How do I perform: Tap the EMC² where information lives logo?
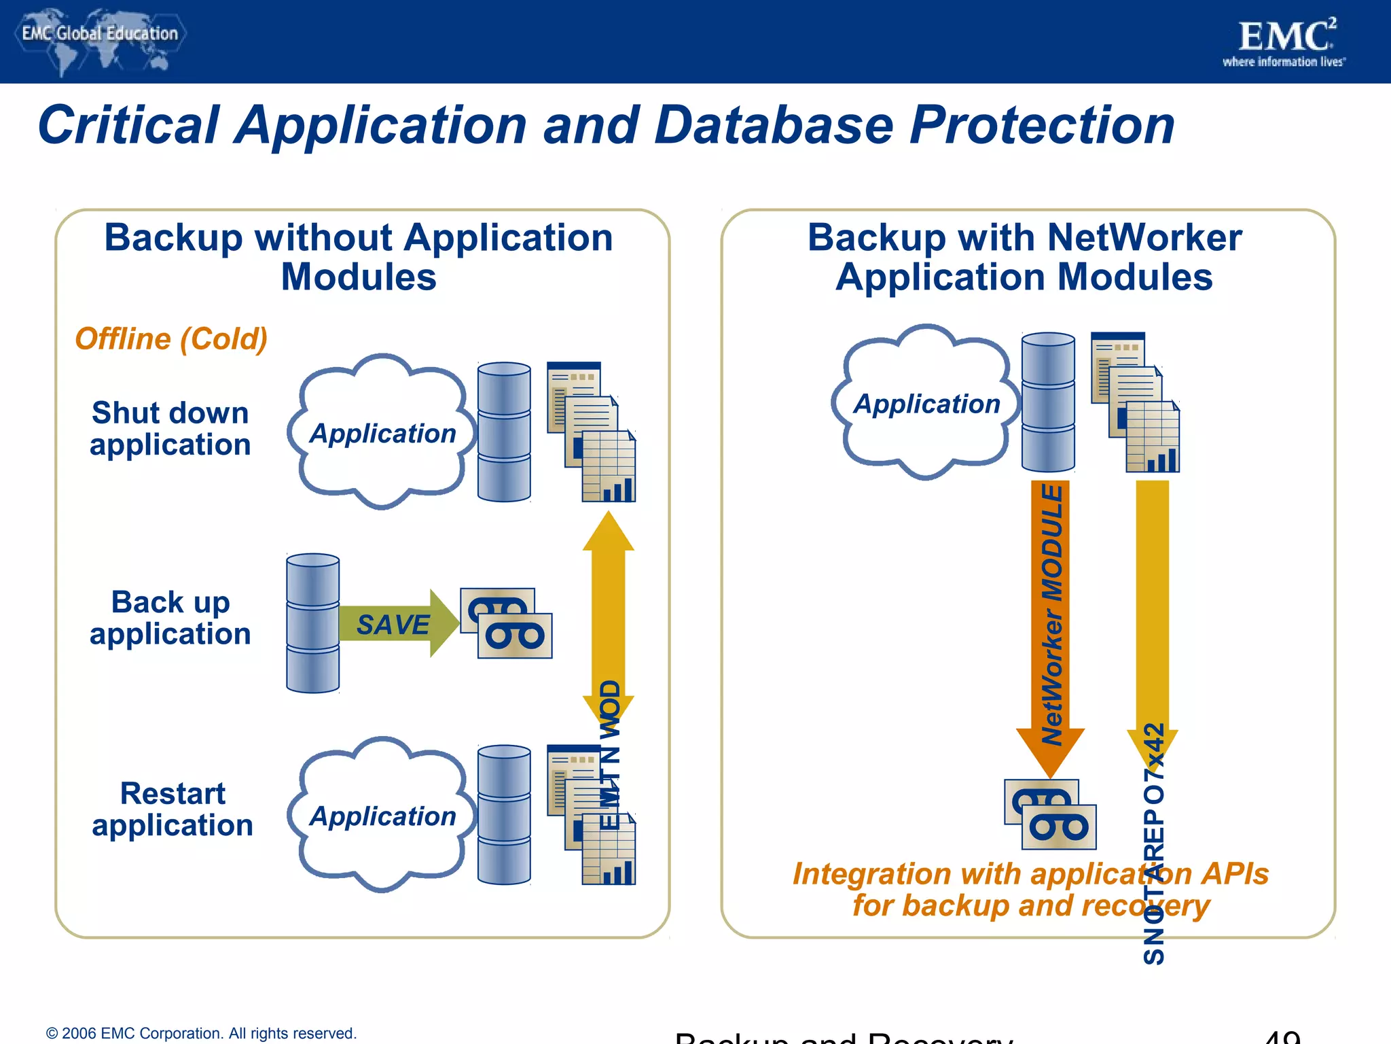1284,42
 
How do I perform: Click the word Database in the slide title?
774,126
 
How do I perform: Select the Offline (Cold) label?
171,338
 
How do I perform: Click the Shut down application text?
170,429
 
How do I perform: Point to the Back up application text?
170,618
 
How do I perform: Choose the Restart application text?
172,809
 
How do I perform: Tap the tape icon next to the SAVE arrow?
507,623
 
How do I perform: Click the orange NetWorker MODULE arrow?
1050,612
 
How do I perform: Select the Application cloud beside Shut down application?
382,432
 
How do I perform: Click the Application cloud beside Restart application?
382,815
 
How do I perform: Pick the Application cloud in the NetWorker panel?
926,403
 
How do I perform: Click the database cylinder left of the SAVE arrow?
312,623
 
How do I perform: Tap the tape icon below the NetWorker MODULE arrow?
1050,814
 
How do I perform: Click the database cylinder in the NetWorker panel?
1048,402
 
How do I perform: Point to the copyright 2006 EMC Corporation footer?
201,1033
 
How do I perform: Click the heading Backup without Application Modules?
359,257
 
